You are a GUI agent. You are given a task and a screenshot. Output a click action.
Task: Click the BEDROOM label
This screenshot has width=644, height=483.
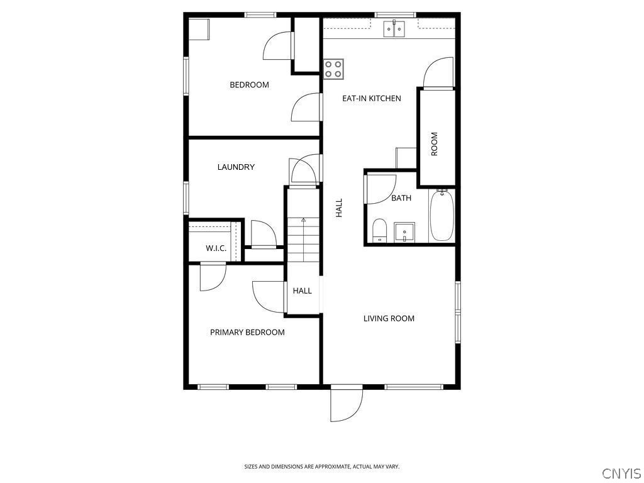click(249, 85)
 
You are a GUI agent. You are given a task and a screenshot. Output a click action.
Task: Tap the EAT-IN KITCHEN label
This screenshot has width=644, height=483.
click(371, 98)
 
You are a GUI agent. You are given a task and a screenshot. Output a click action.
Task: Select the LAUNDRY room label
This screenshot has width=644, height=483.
click(236, 167)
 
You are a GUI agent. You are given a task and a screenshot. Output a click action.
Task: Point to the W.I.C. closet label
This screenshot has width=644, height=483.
click(216, 248)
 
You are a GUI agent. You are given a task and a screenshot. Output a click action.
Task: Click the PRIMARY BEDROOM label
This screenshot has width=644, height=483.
click(247, 332)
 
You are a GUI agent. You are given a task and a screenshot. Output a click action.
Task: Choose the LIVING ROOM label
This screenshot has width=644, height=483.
click(389, 318)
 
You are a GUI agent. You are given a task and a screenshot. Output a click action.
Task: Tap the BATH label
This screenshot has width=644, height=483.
click(401, 198)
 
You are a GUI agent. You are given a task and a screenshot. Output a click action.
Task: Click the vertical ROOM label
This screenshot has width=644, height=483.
click(434, 144)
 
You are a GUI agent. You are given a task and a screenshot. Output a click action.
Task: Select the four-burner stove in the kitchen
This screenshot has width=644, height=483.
click(333, 69)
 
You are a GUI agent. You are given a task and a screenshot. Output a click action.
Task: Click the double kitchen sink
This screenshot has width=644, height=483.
click(395, 28)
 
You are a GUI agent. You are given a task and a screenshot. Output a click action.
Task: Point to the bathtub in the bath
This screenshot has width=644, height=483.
click(441, 216)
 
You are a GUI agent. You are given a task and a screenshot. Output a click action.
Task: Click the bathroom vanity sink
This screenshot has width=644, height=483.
click(404, 231)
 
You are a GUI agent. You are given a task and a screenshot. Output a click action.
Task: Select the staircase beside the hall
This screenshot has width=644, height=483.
click(303, 240)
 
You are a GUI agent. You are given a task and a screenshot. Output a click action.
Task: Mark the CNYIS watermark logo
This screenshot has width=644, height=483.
click(621, 473)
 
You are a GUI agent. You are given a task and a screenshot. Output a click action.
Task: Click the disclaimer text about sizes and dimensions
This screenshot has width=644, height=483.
click(321, 467)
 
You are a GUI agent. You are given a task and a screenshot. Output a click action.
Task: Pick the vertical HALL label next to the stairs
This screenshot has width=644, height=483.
click(339, 208)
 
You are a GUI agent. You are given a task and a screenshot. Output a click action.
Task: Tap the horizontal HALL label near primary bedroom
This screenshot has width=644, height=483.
click(303, 291)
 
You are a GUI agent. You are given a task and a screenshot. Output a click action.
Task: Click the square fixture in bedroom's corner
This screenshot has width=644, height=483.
click(199, 30)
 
